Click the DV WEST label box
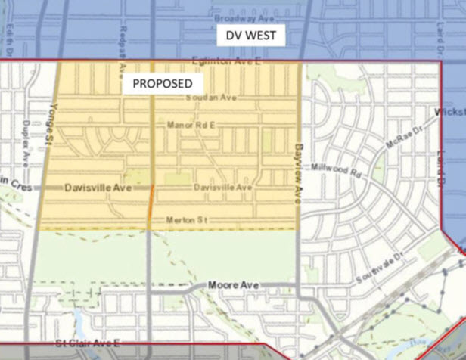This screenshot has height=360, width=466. (250, 36)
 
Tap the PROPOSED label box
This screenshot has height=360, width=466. (163, 84)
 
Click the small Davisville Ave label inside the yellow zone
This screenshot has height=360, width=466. (222, 187)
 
